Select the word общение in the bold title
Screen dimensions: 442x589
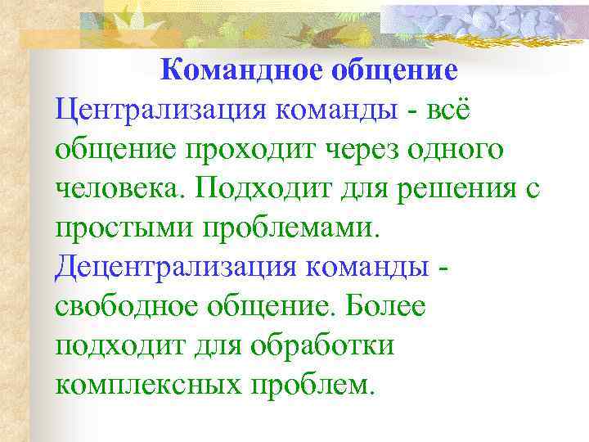[x=393, y=70]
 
